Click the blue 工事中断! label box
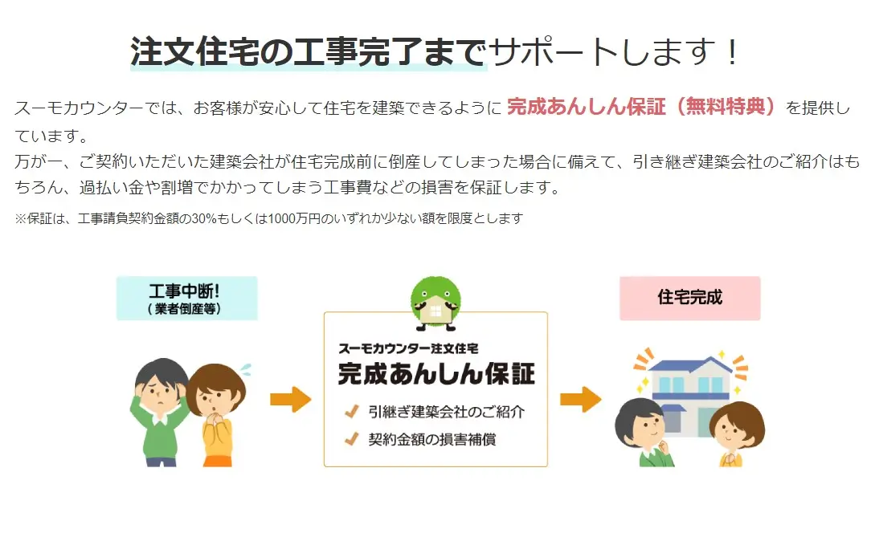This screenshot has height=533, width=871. click(186, 298)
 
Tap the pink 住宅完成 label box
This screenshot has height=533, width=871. click(689, 298)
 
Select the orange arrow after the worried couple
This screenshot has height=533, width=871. click(291, 399)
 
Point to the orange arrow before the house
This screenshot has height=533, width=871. click(580, 399)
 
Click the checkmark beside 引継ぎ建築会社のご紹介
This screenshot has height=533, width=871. click(352, 412)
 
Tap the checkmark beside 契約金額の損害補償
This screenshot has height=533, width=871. click(352, 439)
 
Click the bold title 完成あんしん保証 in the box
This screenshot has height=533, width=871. click(436, 373)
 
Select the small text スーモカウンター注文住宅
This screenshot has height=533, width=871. click(408, 348)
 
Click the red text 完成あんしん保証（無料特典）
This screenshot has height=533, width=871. click(641, 106)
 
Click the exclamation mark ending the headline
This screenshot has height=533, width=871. click(733, 53)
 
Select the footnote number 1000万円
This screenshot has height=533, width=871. click(294, 219)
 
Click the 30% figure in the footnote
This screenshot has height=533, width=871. click(204, 219)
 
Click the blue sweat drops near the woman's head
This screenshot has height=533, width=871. click(244, 369)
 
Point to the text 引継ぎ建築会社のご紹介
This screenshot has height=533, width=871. click(446, 412)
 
